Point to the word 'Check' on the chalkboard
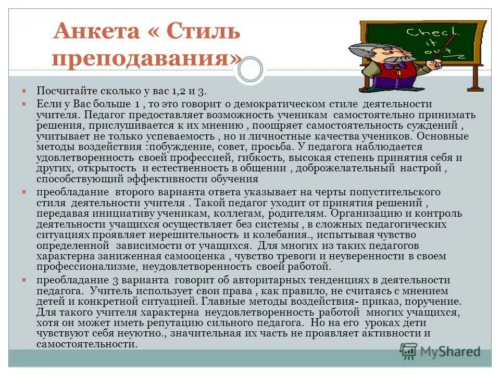(423, 33)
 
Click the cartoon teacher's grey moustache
(396, 59)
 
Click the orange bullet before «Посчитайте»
(30, 91)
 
